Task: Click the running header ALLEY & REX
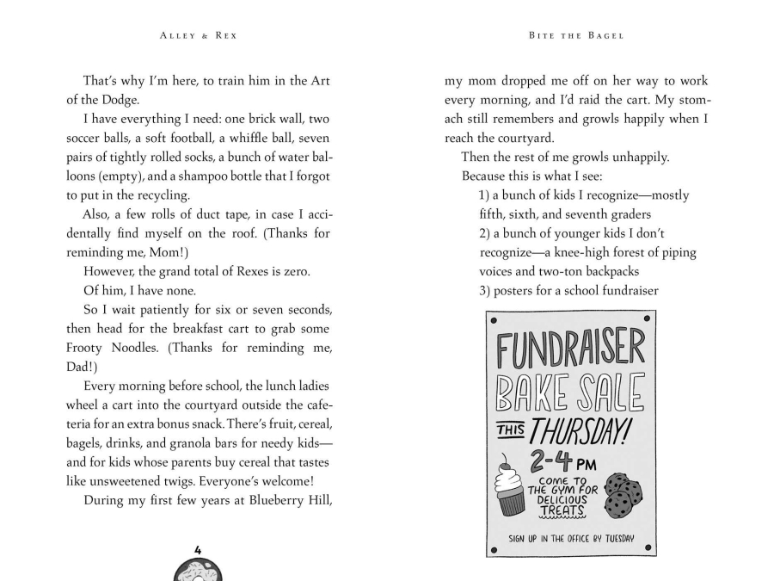click(x=199, y=35)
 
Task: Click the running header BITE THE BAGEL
click(x=575, y=35)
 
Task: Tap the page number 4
click(x=198, y=549)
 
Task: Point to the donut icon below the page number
click(x=198, y=570)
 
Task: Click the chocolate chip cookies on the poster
click(x=623, y=495)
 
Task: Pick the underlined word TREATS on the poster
click(x=562, y=511)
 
